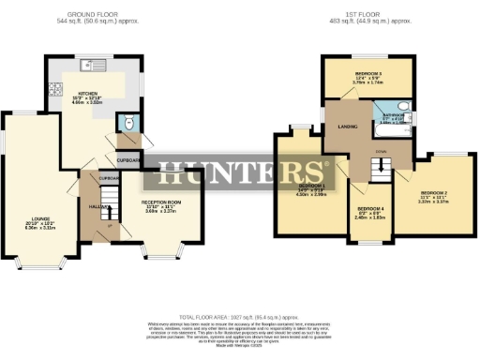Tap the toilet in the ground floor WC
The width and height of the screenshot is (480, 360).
click(128, 124)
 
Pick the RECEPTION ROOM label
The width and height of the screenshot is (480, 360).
click(159, 202)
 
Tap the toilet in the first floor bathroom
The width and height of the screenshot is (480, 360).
click(399, 106)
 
